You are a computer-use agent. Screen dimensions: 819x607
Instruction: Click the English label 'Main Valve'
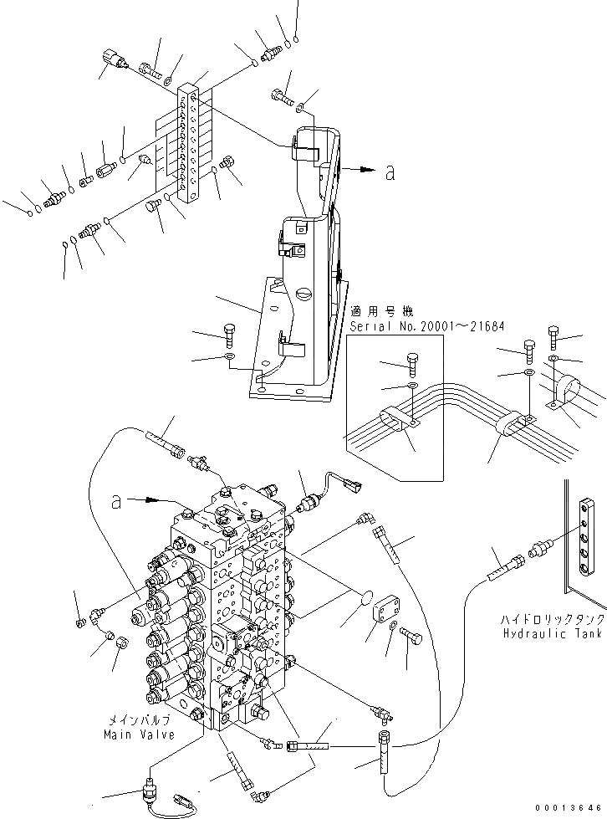point(139,735)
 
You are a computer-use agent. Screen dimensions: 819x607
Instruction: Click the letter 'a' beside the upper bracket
point(390,173)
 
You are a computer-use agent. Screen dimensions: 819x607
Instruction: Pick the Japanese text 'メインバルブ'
point(139,719)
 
